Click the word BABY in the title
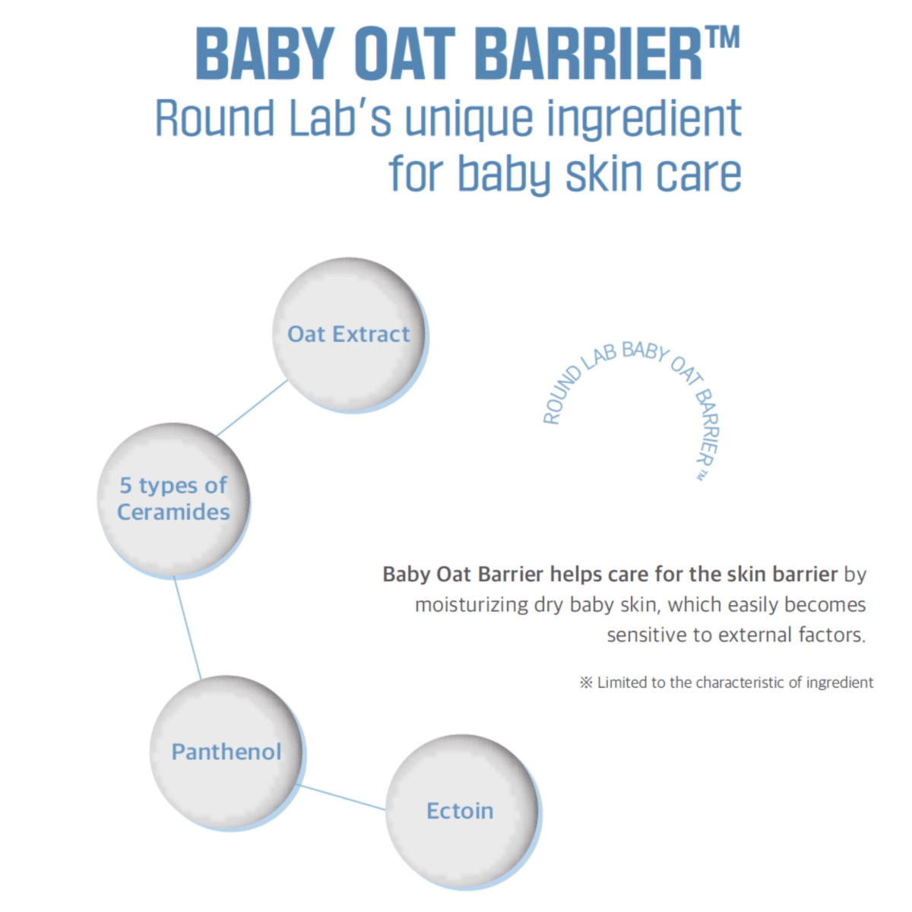264,55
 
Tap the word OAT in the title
407,55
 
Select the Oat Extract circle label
349,334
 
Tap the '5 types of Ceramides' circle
173,499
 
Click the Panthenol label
226,752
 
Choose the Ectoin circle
461,811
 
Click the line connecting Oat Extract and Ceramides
252,408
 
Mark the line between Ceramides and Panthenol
187,628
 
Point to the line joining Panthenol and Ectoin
342,797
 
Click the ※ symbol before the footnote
586,682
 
